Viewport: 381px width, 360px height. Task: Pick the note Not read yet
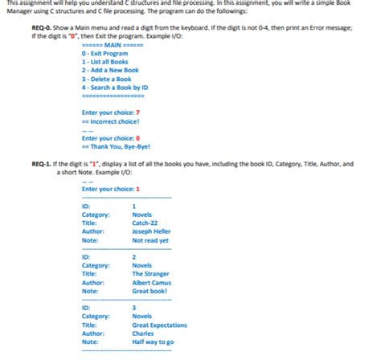click(x=150, y=240)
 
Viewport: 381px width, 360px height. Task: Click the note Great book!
click(x=150, y=291)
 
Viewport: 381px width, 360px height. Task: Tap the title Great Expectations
click(x=159, y=325)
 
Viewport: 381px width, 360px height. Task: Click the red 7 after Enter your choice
click(x=138, y=113)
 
